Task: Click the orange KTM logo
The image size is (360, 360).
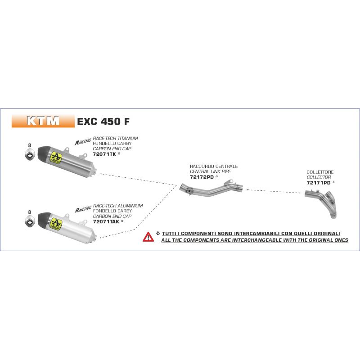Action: (43, 121)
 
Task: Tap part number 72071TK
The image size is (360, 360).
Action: (104, 153)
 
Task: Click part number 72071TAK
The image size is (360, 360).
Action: (106, 221)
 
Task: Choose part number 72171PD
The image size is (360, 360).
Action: (319, 183)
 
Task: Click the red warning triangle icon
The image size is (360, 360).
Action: (148, 237)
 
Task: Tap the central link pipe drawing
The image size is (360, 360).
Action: (211, 189)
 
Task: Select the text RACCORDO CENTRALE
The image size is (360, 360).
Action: (214, 166)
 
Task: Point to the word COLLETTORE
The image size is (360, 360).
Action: (320, 172)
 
